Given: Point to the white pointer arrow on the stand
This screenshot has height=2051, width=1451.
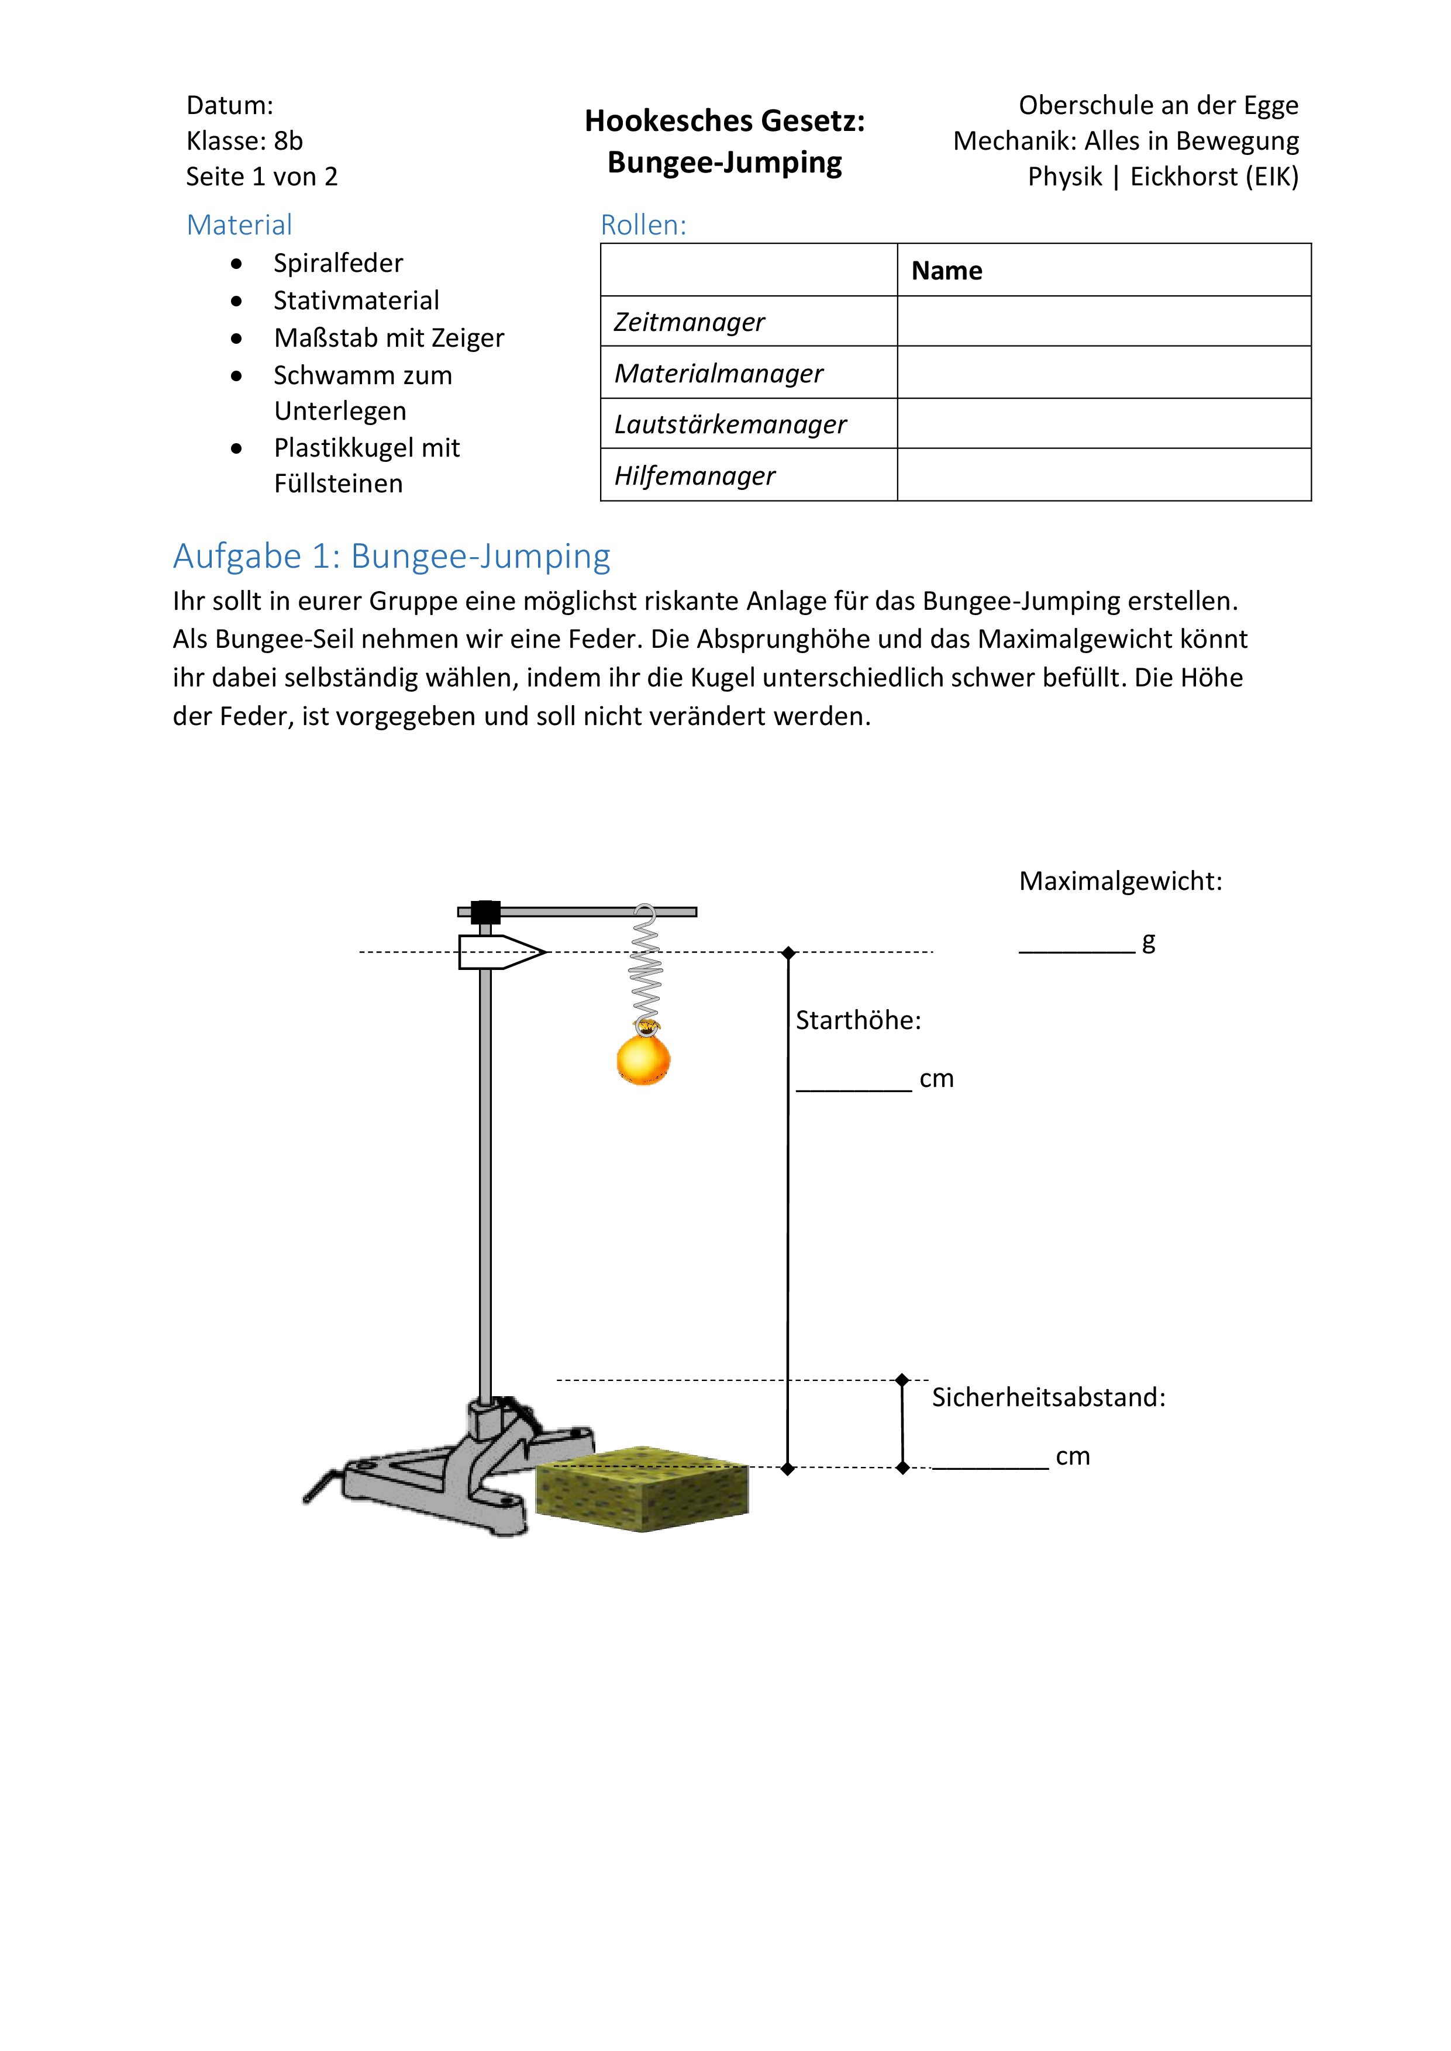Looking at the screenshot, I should coord(501,952).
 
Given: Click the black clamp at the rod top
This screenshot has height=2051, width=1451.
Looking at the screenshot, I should coord(485,912).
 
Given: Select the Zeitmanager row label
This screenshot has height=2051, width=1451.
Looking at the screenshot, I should coord(689,322).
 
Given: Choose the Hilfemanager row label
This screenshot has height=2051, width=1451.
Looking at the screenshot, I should coord(694,475).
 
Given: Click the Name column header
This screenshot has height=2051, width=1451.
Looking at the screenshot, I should coord(946,271).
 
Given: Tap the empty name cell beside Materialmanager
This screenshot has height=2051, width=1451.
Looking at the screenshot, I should coord(1104,372).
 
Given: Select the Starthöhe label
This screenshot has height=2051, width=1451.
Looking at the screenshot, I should coord(858,1020).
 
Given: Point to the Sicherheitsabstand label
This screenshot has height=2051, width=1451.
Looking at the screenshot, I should coord(1048,1397).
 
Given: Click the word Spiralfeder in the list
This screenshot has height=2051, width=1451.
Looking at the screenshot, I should coord(337,264).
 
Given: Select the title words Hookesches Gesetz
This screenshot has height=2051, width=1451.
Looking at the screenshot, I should coord(725,120).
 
